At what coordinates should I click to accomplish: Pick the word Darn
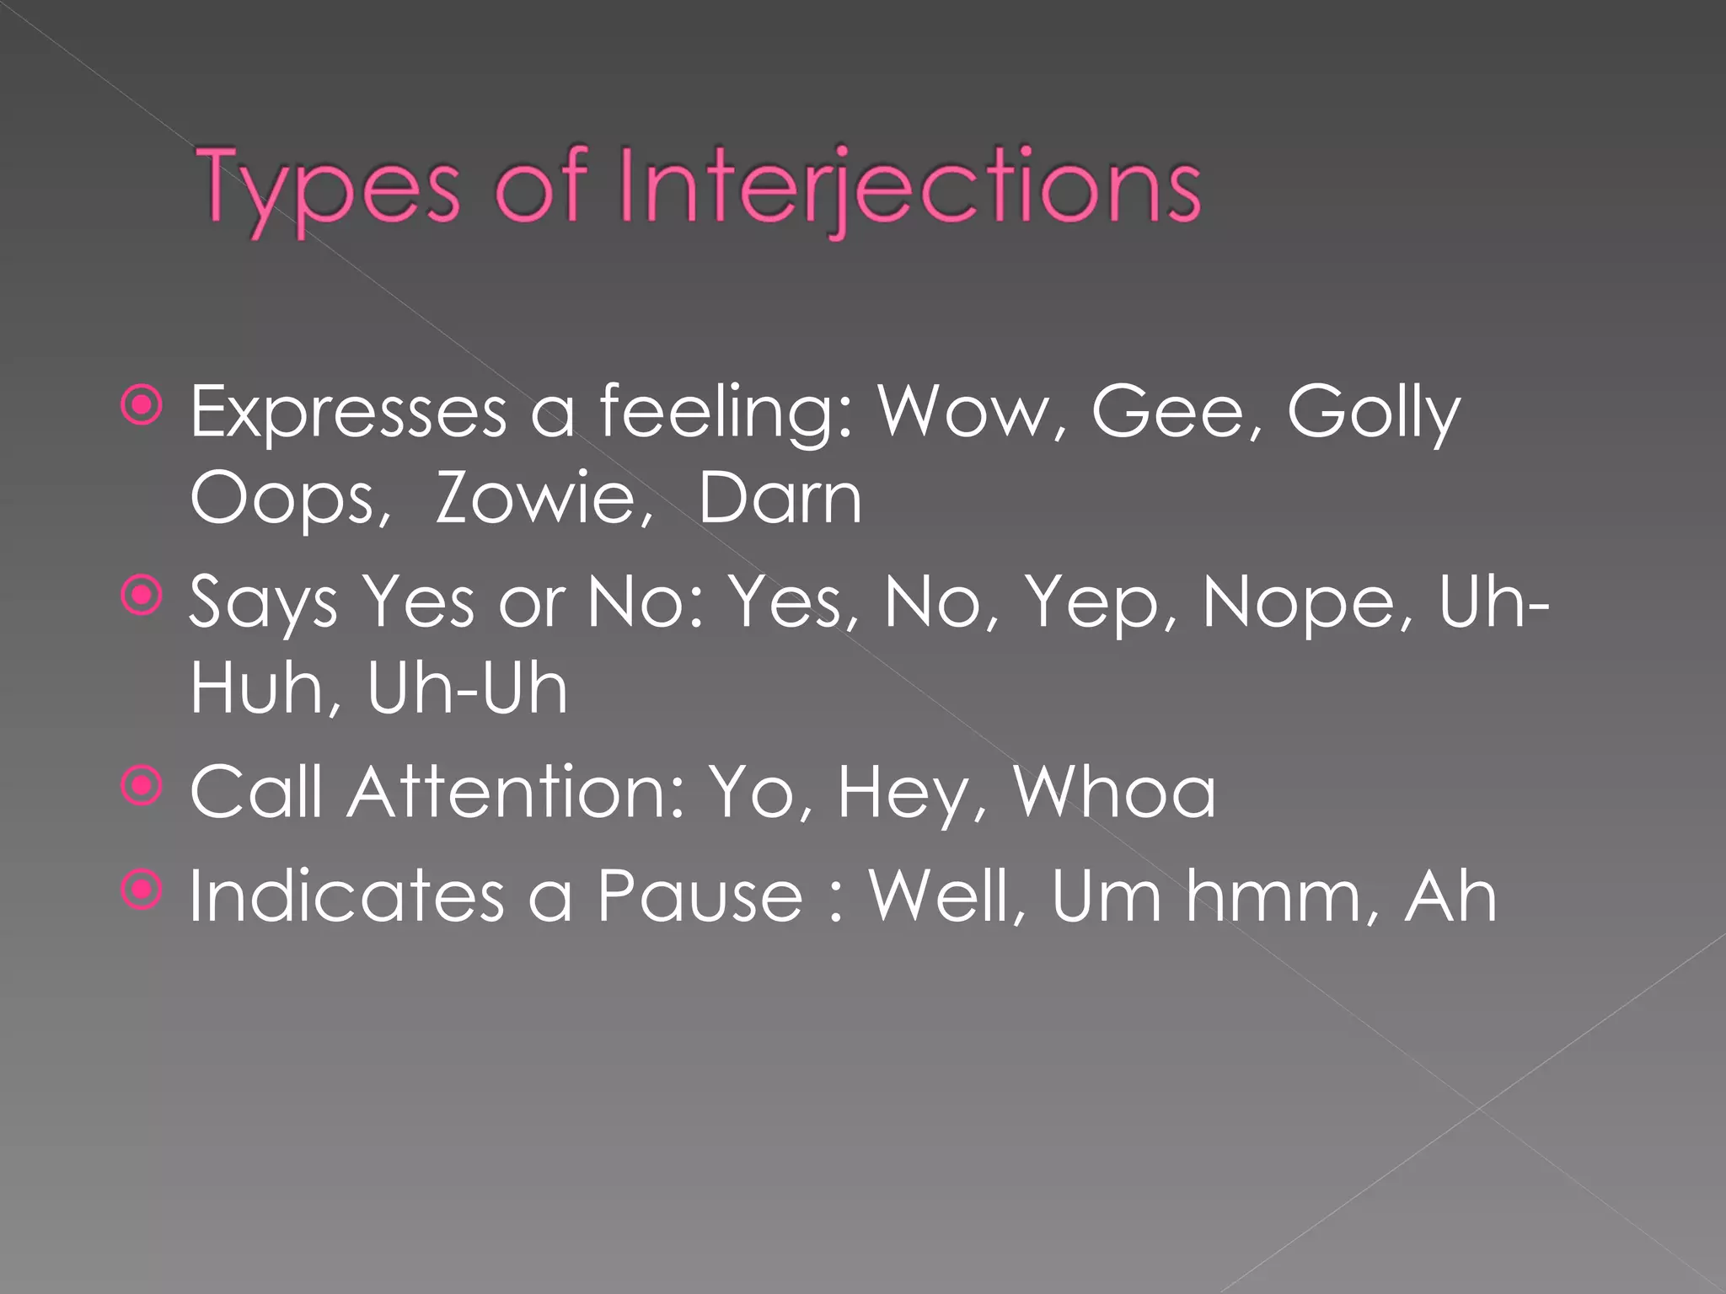pyautogui.click(x=780, y=499)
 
